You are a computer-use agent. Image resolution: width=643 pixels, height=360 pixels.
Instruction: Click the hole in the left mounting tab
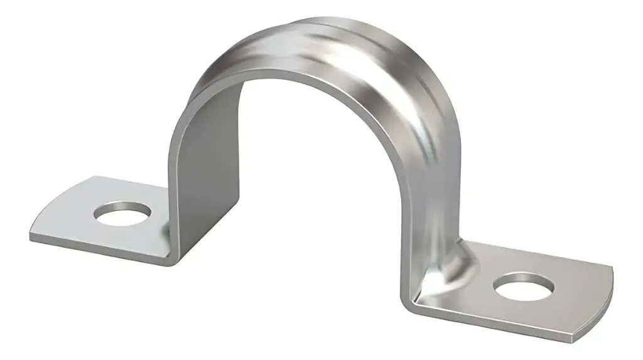[x=122, y=214]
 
